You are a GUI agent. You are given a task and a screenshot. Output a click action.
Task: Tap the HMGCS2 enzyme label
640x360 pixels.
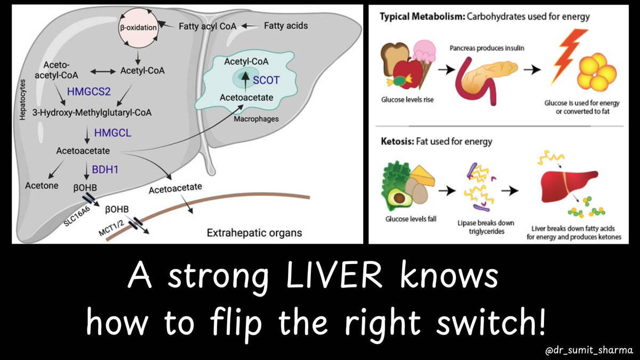(89, 91)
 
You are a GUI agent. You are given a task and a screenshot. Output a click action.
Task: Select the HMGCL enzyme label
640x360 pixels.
(111, 132)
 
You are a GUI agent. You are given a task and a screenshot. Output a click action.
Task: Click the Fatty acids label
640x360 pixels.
(286, 25)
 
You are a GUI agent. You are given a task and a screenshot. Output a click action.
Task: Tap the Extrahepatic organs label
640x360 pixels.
(253, 233)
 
